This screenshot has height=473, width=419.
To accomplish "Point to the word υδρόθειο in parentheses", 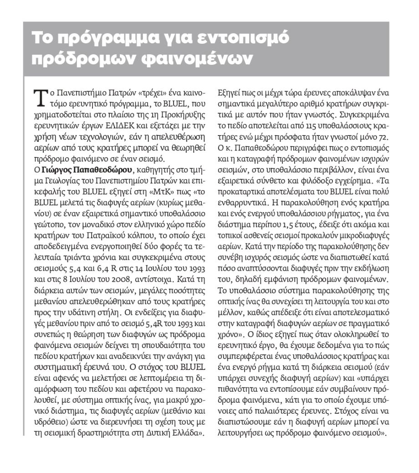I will pos(49,420).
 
